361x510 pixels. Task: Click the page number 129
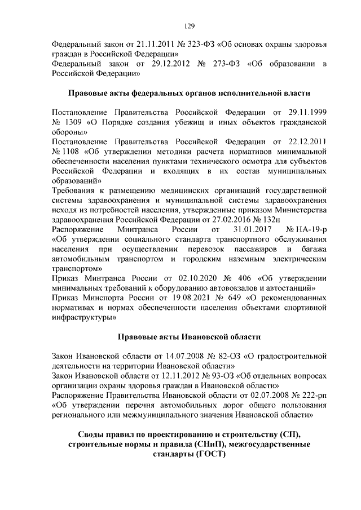(189, 25)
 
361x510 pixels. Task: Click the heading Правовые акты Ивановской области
(189, 336)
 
